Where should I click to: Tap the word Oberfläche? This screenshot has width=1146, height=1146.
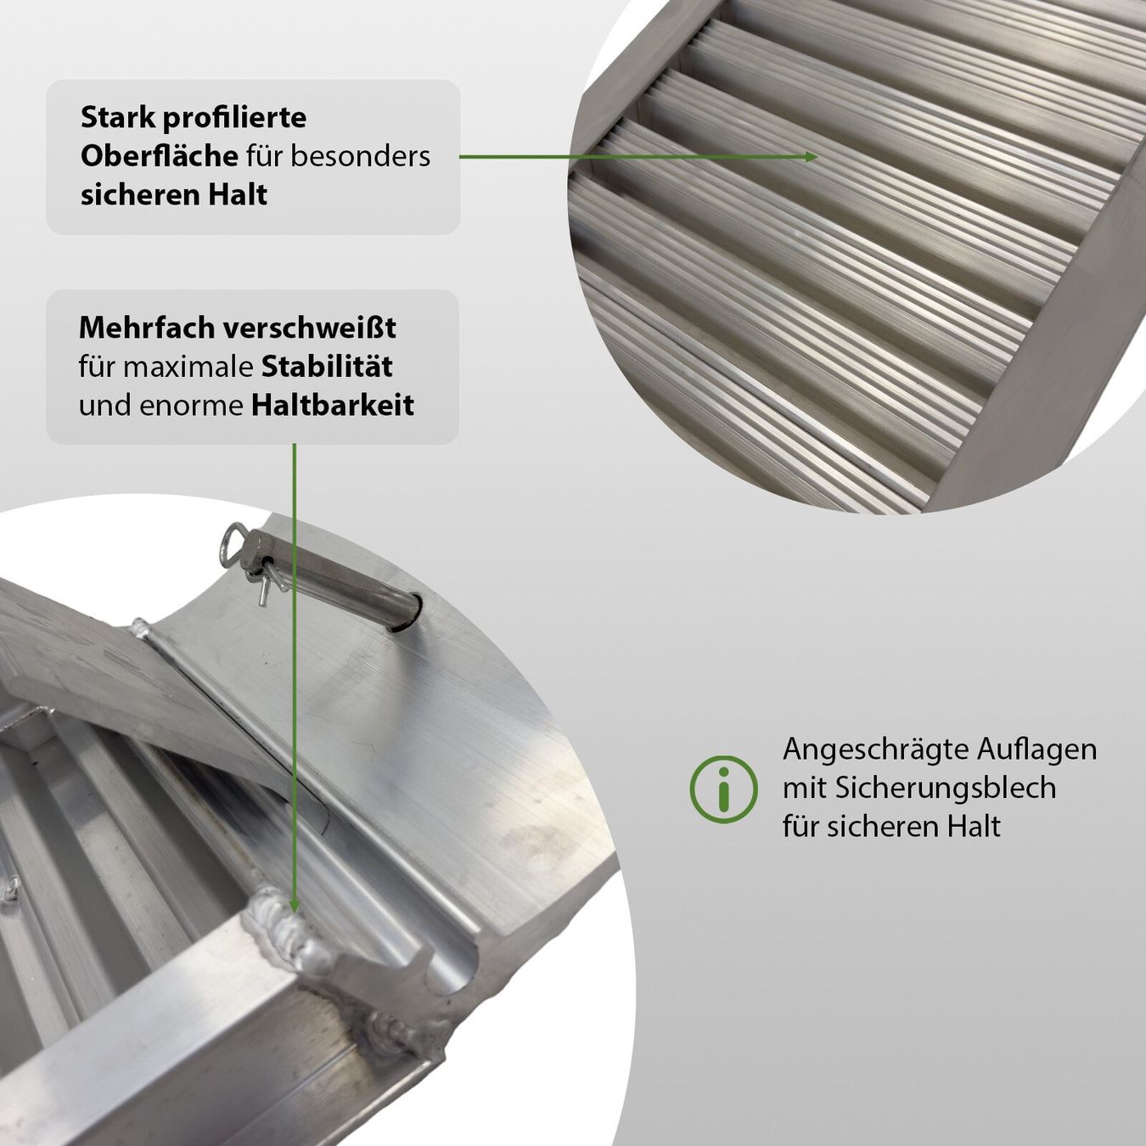(159, 156)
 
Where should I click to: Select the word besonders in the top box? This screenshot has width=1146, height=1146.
(371, 156)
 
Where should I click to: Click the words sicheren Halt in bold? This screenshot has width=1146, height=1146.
(174, 195)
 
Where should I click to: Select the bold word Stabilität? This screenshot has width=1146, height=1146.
(327, 367)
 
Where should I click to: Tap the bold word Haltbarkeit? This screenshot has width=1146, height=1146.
(333, 406)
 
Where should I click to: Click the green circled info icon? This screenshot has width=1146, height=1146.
(723, 789)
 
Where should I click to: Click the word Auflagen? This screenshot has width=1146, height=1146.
(1036, 750)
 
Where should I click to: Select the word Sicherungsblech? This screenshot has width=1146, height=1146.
(947, 789)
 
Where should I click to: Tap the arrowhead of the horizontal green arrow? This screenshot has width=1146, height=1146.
(812, 157)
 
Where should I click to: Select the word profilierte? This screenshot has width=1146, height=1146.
(234, 119)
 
